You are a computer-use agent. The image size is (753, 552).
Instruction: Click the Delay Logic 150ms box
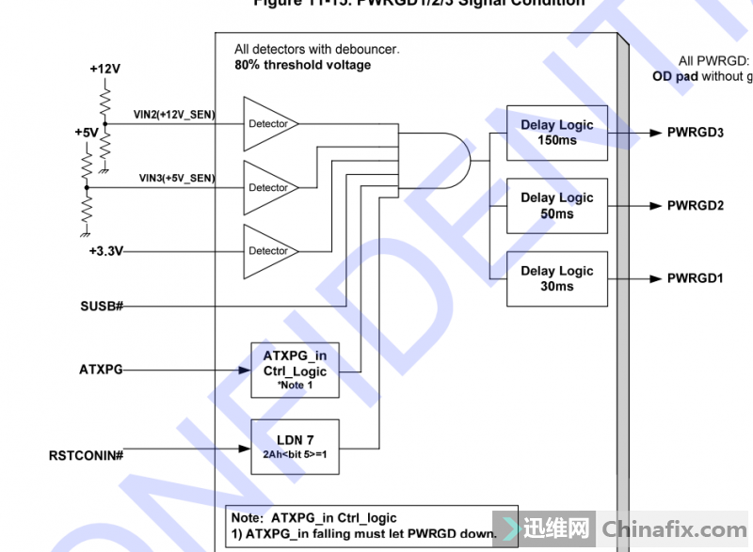[x=556, y=133]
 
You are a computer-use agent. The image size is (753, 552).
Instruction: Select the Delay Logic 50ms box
[x=556, y=205]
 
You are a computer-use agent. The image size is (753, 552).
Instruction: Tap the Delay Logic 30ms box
[x=556, y=278]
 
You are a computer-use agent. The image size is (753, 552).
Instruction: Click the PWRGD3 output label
[x=695, y=133]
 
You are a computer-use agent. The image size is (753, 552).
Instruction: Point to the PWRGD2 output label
[x=695, y=205]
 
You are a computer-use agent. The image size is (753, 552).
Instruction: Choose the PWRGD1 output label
[x=695, y=278]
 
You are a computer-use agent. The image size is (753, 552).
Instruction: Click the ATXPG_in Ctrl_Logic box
[x=294, y=370]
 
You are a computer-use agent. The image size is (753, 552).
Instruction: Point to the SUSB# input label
[x=103, y=307]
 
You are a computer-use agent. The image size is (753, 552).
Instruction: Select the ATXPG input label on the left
[x=101, y=370]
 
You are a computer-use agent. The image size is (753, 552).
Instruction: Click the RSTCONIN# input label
[x=87, y=455]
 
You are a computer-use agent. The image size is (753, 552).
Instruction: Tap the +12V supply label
[x=104, y=69]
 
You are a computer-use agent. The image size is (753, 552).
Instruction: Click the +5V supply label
[x=87, y=133]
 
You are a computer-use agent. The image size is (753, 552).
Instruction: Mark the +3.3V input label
[x=106, y=251]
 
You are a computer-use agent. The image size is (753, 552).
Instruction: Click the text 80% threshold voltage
[x=302, y=65]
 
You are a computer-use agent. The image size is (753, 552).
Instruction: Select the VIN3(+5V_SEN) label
[x=177, y=178]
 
